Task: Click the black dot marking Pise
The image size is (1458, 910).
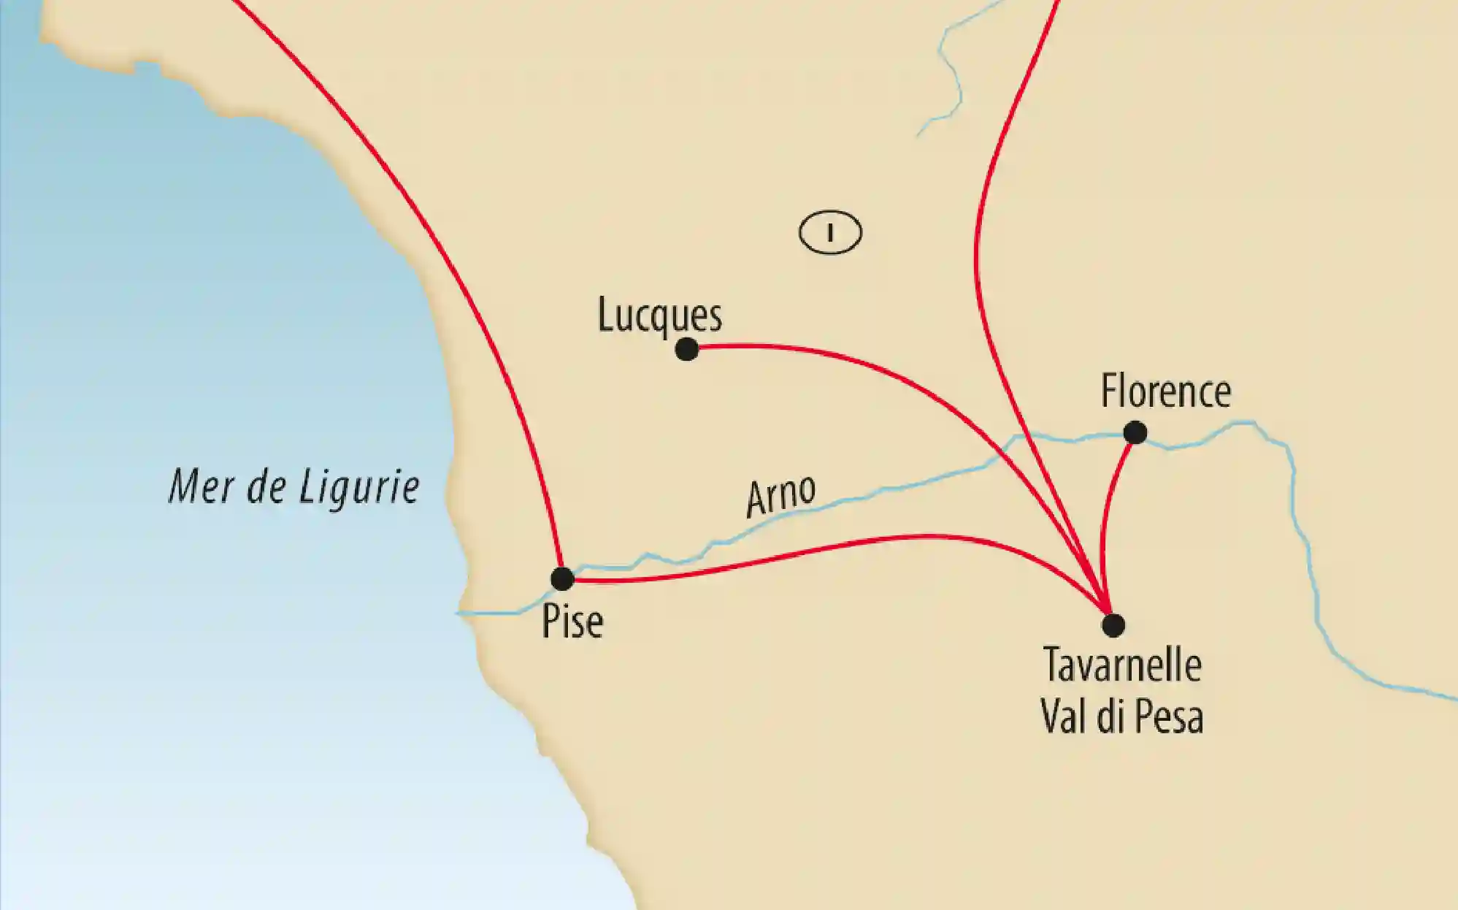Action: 562,579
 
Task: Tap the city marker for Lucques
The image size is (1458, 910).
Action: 686,350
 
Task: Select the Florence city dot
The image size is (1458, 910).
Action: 1135,433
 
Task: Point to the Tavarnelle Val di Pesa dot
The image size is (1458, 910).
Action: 1113,625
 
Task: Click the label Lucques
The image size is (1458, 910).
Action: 659,316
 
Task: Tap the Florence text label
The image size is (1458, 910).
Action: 1166,391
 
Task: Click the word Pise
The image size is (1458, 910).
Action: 572,622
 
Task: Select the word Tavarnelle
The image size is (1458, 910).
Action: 1122,665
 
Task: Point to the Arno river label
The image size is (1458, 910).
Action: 780,496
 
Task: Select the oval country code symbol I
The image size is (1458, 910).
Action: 830,233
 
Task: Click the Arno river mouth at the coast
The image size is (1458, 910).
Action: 461,613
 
